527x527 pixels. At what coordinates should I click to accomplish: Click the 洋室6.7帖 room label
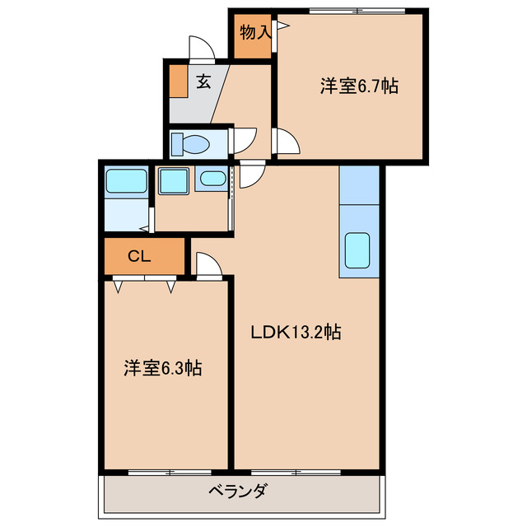359,86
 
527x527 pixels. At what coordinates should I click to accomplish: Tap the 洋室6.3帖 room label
163,368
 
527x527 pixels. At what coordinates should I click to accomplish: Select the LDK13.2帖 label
296,333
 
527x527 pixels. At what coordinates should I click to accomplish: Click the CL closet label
138,256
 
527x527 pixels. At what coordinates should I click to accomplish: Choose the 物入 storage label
255,33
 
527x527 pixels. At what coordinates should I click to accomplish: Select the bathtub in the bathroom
126,180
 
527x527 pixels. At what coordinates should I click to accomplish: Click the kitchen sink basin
358,250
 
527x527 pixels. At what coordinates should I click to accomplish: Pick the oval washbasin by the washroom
212,179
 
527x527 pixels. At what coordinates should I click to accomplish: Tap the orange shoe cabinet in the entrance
178,80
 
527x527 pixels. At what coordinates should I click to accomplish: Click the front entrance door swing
203,48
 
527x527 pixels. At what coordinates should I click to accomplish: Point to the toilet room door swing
245,140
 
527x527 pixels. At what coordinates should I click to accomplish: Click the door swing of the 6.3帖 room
209,265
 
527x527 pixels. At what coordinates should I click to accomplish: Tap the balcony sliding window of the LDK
296,472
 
